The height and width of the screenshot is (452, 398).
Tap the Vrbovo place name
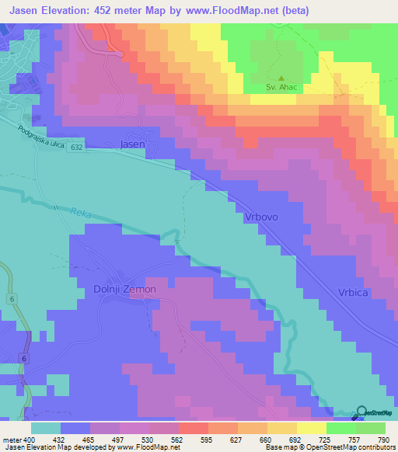click(262, 218)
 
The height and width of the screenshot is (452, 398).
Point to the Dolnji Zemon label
click(125, 289)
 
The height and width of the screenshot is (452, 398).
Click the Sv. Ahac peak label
click(281, 88)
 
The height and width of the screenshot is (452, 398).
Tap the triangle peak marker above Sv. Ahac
click(281, 78)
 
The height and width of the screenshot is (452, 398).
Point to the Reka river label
click(82, 212)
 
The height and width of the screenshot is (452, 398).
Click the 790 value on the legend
click(384, 440)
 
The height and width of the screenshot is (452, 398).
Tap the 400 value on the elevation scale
click(30, 440)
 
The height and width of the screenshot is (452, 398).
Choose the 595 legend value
click(207, 440)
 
